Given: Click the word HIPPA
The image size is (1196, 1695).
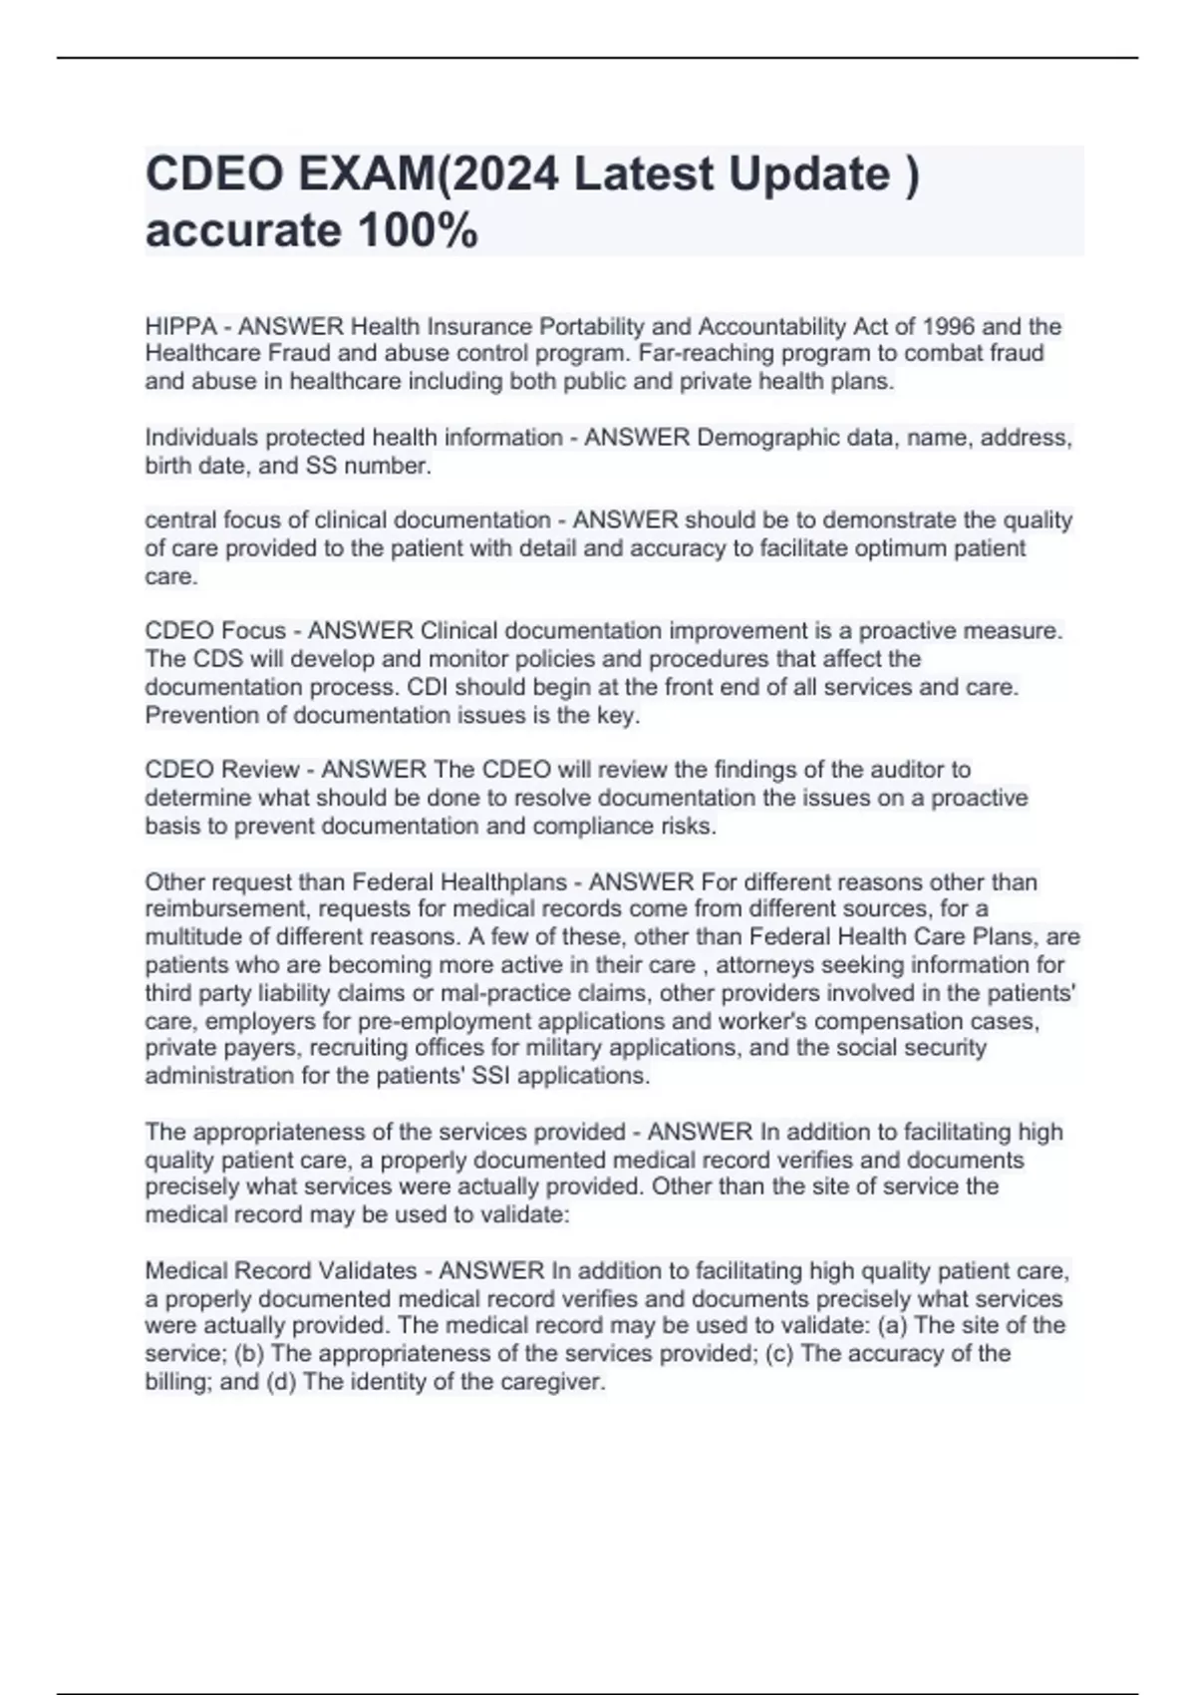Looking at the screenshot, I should [x=180, y=326].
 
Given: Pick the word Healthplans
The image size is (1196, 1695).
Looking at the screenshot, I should [x=502, y=882].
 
